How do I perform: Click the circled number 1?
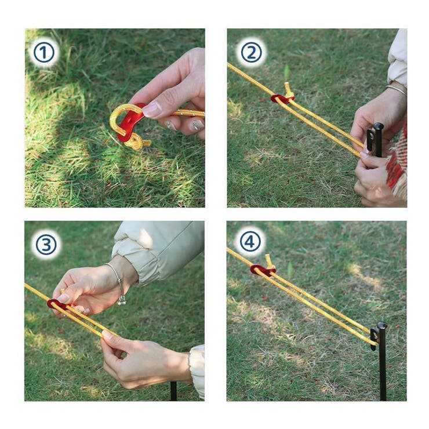pyautogui.click(x=44, y=52)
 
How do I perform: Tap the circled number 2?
pyautogui.click(x=251, y=52)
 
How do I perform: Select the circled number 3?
pyautogui.click(x=46, y=244)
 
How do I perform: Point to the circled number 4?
pyautogui.click(x=250, y=241)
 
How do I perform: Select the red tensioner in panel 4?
pyautogui.click(x=260, y=270)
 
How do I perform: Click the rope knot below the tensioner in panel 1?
pyautogui.click(x=138, y=143)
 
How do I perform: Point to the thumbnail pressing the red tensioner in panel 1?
pyautogui.click(x=152, y=110)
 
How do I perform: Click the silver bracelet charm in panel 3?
pyautogui.click(x=122, y=301)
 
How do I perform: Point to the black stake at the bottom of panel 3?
pyautogui.click(x=173, y=391)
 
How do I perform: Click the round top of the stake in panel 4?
pyautogui.click(x=382, y=326)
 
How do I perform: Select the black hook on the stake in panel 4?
pyautogui.click(x=374, y=339)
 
